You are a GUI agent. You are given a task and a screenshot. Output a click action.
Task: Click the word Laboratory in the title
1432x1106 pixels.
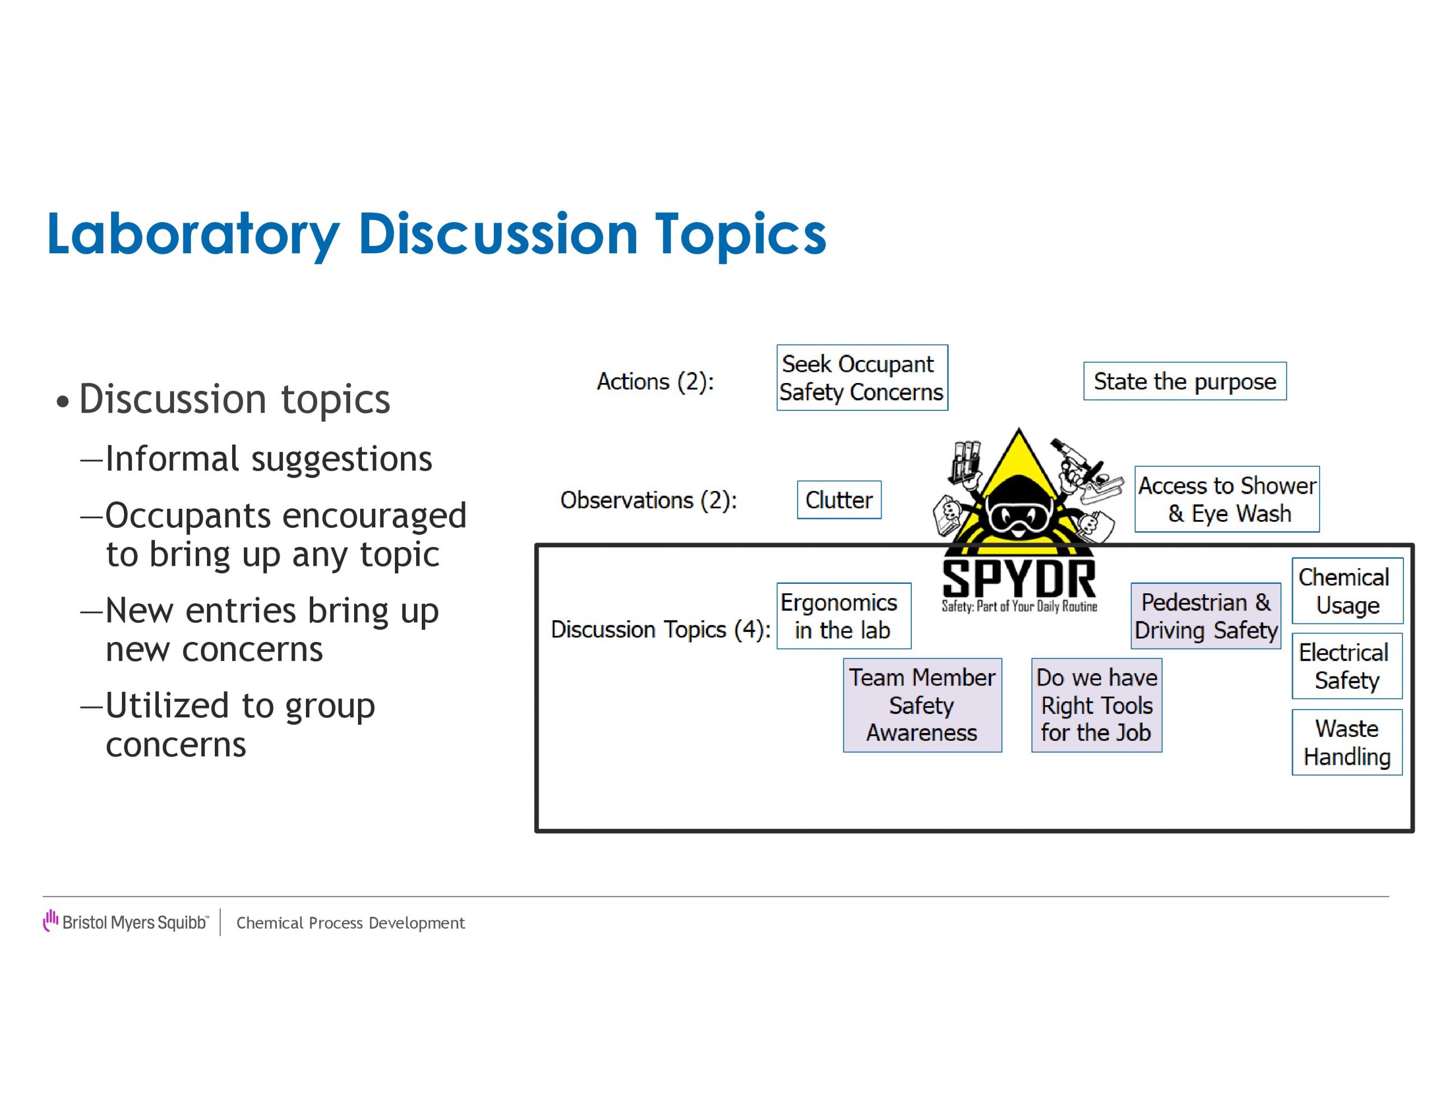point(194,235)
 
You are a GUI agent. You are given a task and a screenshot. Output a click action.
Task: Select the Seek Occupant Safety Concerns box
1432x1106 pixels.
point(862,377)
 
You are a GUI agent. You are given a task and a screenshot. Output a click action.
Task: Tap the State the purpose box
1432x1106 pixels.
point(1185,381)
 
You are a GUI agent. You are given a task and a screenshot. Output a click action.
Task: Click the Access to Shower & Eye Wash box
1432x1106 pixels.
point(1227,499)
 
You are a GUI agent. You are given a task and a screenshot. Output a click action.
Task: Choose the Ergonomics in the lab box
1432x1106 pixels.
point(844,616)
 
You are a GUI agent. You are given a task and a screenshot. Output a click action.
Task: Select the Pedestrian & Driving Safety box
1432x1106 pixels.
point(1206,616)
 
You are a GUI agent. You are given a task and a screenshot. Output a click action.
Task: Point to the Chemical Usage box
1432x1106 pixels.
point(1348,590)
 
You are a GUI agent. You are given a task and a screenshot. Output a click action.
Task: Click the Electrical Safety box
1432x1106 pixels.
point(1348,666)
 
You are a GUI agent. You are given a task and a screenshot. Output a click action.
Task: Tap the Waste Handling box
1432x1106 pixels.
point(1348,742)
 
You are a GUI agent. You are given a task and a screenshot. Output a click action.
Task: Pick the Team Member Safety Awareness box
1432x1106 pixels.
point(922,705)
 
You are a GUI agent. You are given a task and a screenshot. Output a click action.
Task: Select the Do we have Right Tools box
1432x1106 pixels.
point(1096,705)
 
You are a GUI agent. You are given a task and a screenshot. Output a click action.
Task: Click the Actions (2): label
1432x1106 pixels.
point(655,381)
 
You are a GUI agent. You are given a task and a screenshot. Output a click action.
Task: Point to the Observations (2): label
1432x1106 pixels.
point(648,500)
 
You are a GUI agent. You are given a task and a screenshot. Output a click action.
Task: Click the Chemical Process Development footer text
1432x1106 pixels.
point(351,923)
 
